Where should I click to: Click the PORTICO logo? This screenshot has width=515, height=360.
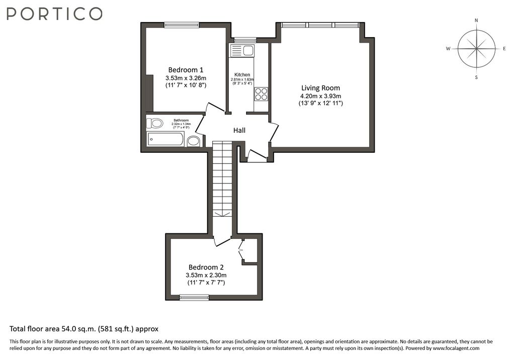[54, 14]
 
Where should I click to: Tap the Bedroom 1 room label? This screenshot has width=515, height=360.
[186, 70]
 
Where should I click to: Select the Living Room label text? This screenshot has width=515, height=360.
[320, 88]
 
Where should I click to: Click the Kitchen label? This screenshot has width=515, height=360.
[242, 75]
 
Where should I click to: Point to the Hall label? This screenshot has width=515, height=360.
[239, 130]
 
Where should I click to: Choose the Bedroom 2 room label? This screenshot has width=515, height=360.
[206, 267]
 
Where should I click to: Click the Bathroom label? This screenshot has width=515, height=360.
[181, 120]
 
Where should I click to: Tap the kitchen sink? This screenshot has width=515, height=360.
[242, 51]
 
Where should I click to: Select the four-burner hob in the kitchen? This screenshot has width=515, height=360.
[262, 94]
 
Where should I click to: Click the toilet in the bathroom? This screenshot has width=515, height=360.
[154, 124]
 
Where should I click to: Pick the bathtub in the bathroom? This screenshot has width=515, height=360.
[165, 139]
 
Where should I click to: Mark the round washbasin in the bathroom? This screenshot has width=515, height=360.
[194, 141]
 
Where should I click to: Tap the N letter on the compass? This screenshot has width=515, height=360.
[476, 21]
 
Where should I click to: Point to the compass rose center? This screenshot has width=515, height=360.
[476, 49]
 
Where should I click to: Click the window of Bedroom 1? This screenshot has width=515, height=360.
[182, 25]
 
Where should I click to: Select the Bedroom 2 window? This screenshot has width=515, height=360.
[194, 298]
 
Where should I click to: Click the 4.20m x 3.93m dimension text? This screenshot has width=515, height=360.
[320, 96]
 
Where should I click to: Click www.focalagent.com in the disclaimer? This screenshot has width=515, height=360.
[456, 348]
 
